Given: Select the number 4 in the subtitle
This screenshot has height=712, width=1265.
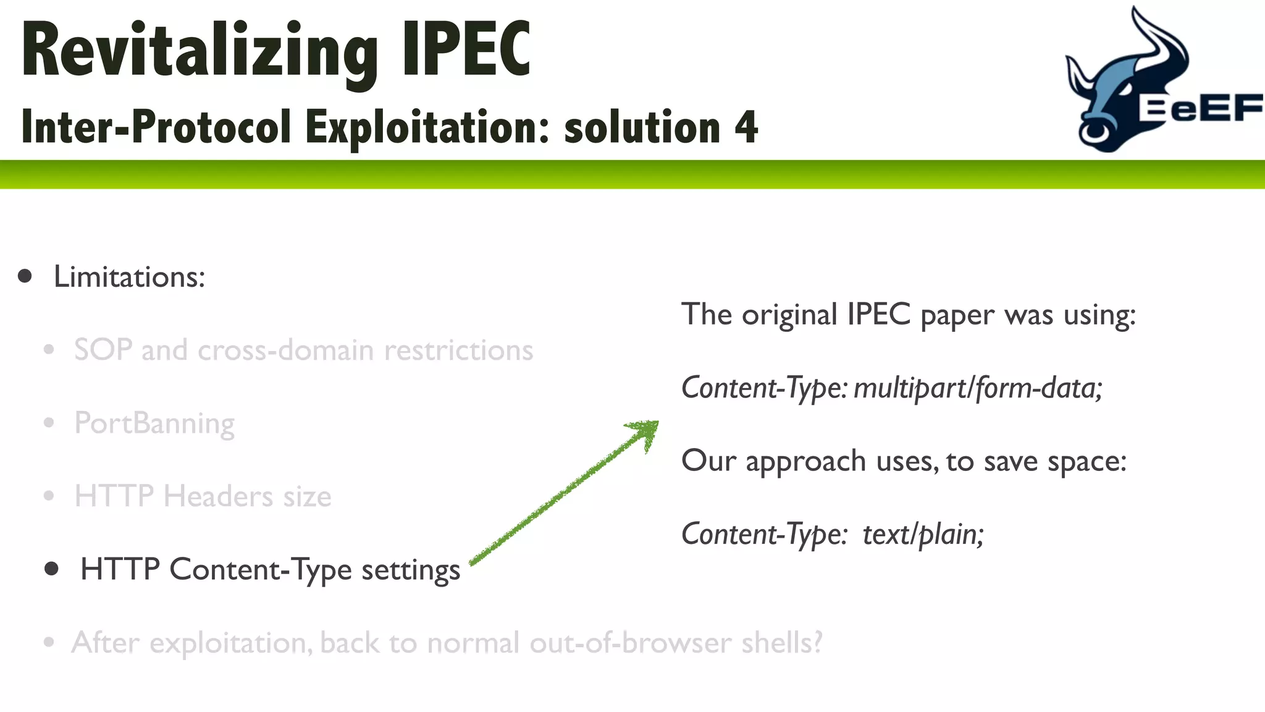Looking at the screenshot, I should point(746,127).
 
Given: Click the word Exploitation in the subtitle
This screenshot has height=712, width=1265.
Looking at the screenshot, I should point(427,127).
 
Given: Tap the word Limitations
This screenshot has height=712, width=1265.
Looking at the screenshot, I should point(129,276).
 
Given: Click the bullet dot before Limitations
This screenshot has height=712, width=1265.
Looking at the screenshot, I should point(25,276).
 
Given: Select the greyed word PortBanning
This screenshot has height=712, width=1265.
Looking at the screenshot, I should point(154,423).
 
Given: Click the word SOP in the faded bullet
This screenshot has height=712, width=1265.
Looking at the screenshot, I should point(103,350).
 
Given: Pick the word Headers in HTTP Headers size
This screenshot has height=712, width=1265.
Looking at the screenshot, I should point(218,496).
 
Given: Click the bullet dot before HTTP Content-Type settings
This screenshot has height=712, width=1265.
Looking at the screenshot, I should point(52,569).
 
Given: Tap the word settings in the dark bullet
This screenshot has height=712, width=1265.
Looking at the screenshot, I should point(411,570).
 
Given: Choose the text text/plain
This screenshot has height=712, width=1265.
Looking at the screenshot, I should point(923,534).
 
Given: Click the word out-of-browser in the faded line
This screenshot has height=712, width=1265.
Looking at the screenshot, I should point(631,643).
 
